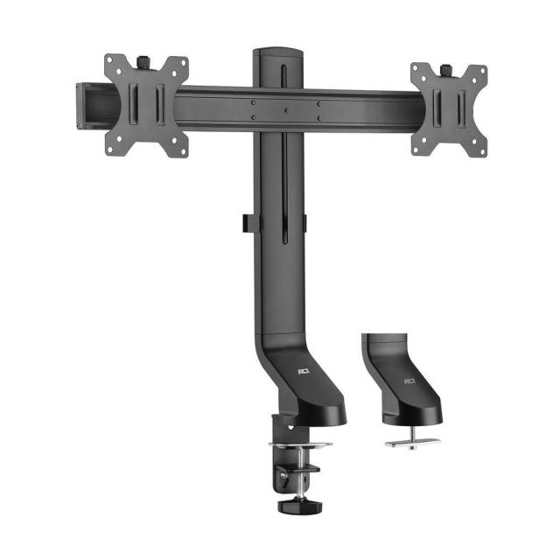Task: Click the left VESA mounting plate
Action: (146, 106)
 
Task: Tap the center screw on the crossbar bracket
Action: (286, 110)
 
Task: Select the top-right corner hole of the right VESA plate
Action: (479, 71)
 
